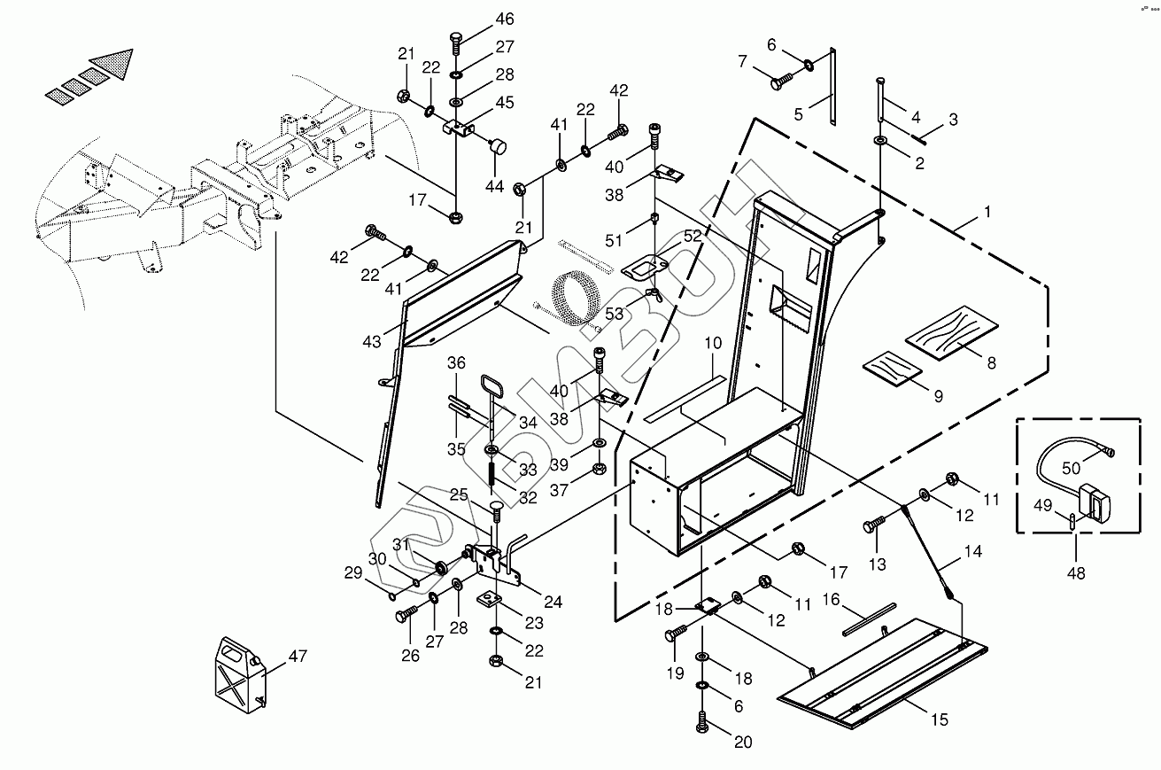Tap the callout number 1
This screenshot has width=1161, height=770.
[x=987, y=213]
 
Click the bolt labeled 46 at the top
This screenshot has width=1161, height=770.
[x=455, y=40]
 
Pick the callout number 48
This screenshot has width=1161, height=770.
[x=1075, y=573]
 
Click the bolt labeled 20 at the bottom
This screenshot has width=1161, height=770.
[x=701, y=721]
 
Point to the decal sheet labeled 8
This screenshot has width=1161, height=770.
[x=949, y=336]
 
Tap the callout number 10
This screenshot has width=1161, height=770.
[x=713, y=342]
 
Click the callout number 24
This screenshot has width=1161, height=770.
[x=553, y=603]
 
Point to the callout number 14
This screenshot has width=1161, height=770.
[x=972, y=551]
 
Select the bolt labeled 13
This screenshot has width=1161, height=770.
[x=871, y=526]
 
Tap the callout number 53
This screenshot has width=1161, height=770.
[x=615, y=312]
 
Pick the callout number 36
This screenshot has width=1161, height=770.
[x=456, y=362]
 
